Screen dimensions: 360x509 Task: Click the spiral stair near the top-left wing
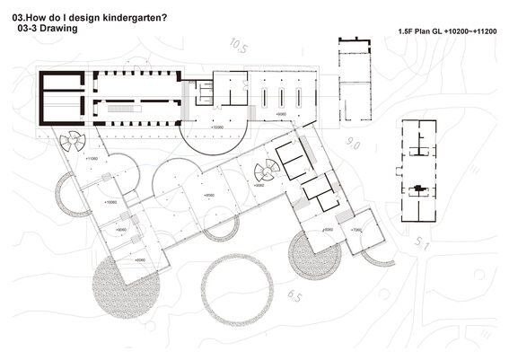pos(71,140)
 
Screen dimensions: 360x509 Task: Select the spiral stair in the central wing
pos(266,171)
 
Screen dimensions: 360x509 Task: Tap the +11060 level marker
pos(92,159)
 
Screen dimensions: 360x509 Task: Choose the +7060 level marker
pos(355,230)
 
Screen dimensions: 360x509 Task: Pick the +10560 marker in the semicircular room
pos(216,127)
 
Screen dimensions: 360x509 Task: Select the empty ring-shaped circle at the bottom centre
pos(236,290)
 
